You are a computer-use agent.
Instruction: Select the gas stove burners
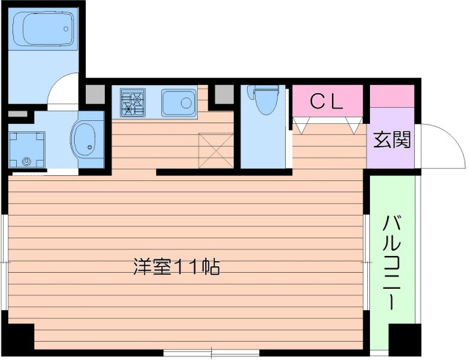click(x=133, y=102)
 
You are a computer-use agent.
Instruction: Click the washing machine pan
click(x=27, y=149)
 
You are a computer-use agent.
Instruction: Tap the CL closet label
click(x=327, y=103)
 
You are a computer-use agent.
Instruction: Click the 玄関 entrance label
click(x=392, y=139)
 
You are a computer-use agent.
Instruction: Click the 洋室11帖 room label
click(x=177, y=267)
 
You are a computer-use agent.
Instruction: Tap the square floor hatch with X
click(x=216, y=150)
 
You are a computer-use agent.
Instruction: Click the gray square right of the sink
click(x=221, y=94)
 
